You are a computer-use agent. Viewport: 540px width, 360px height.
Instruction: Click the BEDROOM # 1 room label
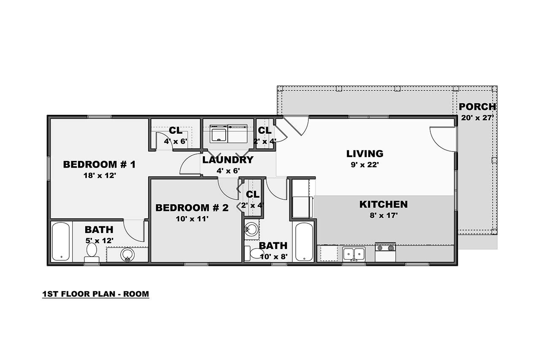click(99, 164)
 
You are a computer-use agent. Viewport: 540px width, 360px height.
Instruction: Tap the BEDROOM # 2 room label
click(192, 208)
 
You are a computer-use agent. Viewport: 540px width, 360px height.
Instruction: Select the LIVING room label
click(364, 154)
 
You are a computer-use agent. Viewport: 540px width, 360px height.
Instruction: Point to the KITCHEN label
click(383, 205)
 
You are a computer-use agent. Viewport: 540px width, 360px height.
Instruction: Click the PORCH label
click(477, 107)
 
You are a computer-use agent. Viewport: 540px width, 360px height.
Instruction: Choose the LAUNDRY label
click(227, 160)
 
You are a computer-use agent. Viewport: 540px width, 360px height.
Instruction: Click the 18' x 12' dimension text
click(99, 175)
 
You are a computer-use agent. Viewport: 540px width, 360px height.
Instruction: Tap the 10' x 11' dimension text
click(192, 219)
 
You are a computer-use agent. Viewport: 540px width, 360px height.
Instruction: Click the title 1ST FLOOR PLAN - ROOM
click(96, 294)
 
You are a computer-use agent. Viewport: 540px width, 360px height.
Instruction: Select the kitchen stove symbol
click(385, 252)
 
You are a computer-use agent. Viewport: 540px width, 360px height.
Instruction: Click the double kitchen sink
click(354, 254)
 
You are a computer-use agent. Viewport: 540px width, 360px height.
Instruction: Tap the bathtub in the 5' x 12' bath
click(60, 242)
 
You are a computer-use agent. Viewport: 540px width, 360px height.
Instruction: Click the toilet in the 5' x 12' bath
click(91, 252)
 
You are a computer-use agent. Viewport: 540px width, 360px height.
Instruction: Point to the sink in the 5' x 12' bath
click(127, 254)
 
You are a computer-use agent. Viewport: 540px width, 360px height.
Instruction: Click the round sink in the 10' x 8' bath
click(251, 229)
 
